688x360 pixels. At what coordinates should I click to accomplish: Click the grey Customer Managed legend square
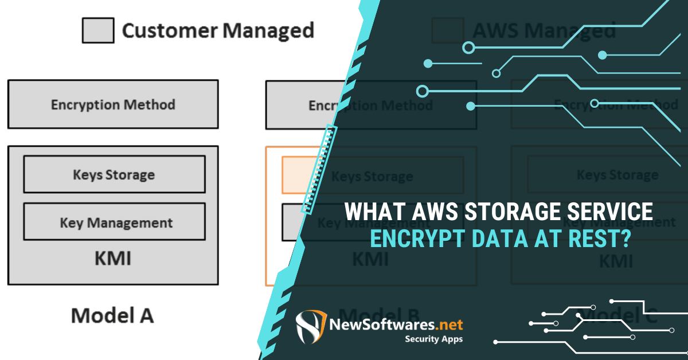pos(98,30)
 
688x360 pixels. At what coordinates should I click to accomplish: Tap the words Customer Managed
pos(218,30)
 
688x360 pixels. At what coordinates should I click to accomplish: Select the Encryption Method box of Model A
pos(113,104)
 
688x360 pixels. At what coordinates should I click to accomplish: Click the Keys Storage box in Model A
pos(114,174)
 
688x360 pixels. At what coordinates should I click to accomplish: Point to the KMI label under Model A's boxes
pos(113,259)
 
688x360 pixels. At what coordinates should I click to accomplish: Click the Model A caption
pos(112,315)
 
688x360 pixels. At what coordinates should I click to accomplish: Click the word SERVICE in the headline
pos(612,212)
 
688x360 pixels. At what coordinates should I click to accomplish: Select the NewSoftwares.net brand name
pos(396,325)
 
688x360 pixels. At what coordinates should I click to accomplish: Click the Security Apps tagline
pos(434,339)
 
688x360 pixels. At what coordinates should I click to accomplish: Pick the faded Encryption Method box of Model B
pos(370,105)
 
